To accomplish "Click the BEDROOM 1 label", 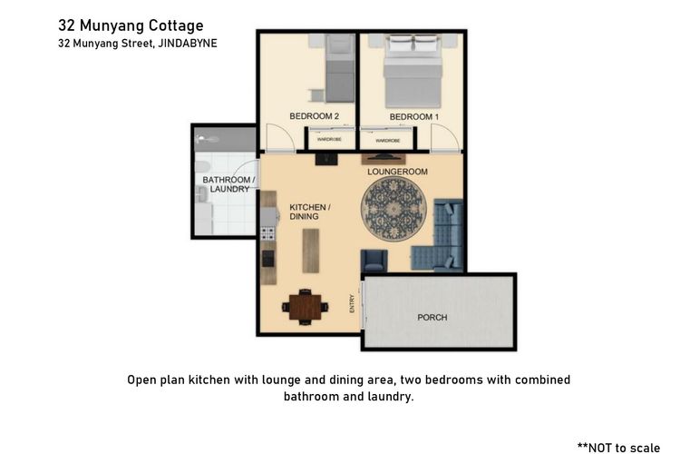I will click(x=413, y=117).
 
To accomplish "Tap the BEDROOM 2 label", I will click(x=314, y=117).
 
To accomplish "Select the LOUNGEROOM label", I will click(x=397, y=172).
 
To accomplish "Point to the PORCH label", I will click(x=432, y=317).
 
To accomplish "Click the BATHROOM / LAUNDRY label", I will click(x=226, y=184).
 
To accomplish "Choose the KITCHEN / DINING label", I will click(x=309, y=212).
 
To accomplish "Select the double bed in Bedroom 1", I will click(x=413, y=71).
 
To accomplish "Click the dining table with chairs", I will click(x=306, y=306).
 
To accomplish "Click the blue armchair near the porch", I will click(x=374, y=262).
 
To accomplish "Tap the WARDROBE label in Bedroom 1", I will click(x=387, y=141).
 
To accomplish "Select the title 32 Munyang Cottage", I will click(x=131, y=25).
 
